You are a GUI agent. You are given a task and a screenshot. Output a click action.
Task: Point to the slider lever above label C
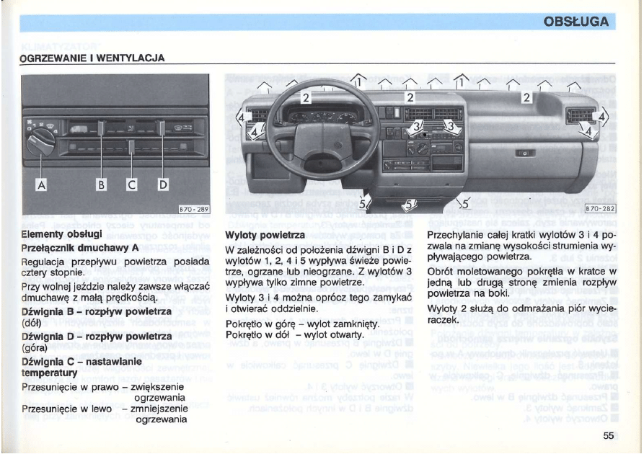tap(132, 148)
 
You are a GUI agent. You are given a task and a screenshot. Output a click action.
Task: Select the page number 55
tap(608, 435)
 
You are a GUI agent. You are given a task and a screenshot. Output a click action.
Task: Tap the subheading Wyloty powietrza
tap(265, 236)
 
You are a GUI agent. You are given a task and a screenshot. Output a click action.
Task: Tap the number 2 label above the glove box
tap(526, 97)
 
